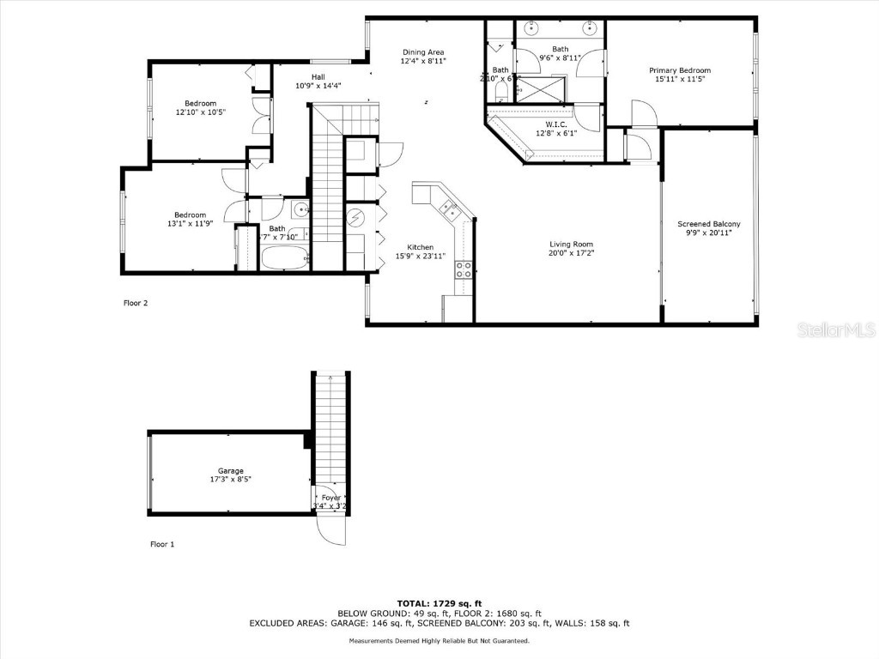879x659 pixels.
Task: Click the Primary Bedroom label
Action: (x=679, y=70)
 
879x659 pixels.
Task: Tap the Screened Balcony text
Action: (x=708, y=224)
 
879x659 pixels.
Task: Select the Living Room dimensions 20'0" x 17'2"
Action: (x=572, y=254)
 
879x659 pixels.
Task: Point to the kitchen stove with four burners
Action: (x=463, y=270)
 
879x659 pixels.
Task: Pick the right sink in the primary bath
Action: (x=590, y=27)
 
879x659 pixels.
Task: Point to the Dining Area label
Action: (x=423, y=52)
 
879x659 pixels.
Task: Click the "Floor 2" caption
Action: (x=136, y=302)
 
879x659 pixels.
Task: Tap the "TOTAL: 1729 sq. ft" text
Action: (x=439, y=603)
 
